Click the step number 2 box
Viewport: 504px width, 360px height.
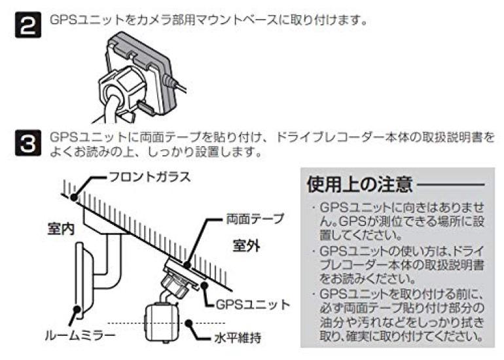tap(28, 25)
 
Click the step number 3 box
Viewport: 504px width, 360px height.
tap(28, 143)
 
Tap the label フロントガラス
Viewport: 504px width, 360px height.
tap(150, 177)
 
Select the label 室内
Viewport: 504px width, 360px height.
tap(61, 229)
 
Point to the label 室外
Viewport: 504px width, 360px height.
tap(246, 246)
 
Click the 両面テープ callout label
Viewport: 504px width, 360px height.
tap(255, 219)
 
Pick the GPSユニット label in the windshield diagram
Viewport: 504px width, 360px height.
tap(253, 304)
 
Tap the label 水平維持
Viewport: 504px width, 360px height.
tap(238, 338)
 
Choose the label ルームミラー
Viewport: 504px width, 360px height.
tap(80, 336)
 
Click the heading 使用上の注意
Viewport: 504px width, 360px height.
tap(360, 184)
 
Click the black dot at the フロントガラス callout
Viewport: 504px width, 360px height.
tap(74, 198)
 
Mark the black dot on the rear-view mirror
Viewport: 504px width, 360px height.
tap(77, 309)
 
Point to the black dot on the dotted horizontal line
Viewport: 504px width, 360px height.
tap(189, 323)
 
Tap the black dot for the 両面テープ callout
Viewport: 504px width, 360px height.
tap(187, 265)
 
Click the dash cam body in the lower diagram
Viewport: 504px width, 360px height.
tap(162, 322)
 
